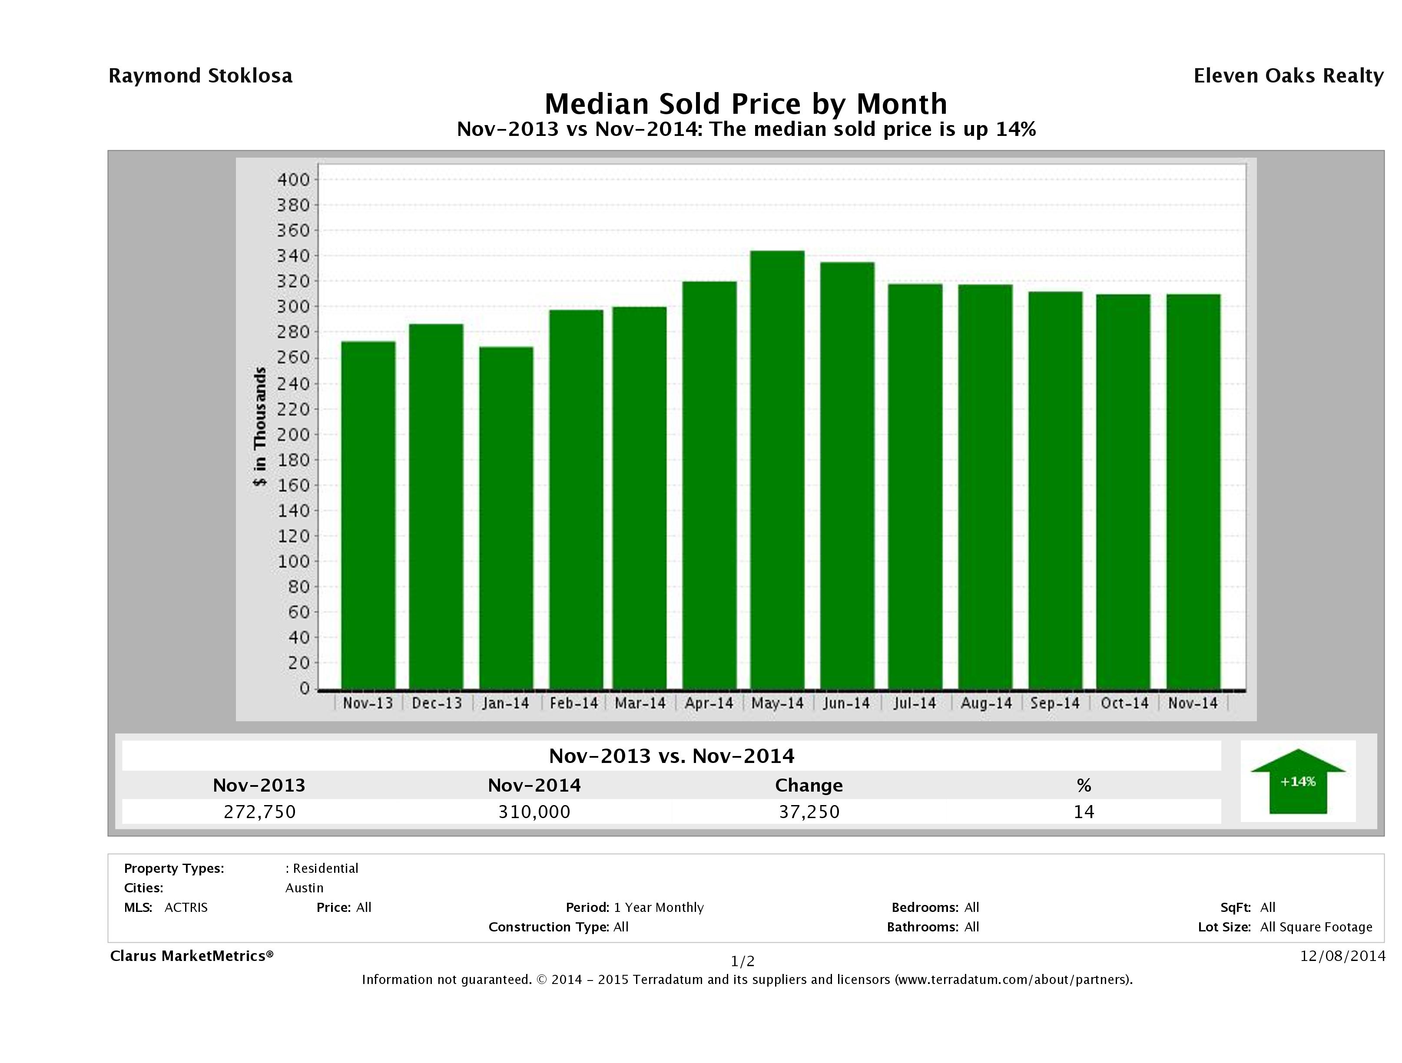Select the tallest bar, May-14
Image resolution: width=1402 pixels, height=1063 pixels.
(x=777, y=469)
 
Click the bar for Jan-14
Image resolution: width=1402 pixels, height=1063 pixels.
(x=506, y=517)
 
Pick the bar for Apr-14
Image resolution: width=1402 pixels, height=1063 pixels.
(x=709, y=485)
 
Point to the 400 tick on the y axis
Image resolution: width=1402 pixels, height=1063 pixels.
(x=293, y=180)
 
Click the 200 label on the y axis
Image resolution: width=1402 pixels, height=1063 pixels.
(x=293, y=435)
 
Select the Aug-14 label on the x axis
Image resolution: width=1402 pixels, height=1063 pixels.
(x=986, y=703)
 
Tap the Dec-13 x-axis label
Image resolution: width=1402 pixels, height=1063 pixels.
(x=437, y=703)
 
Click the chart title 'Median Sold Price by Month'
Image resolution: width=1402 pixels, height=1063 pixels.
(x=746, y=104)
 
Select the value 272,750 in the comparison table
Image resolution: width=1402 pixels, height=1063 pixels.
(x=259, y=812)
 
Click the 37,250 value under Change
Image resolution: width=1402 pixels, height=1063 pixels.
(x=809, y=812)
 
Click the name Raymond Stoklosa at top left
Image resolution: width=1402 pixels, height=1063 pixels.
(x=200, y=76)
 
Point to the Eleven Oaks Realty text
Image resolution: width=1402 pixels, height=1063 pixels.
(x=1288, y=76)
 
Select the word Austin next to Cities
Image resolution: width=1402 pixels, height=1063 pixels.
(x=304, y=888)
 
